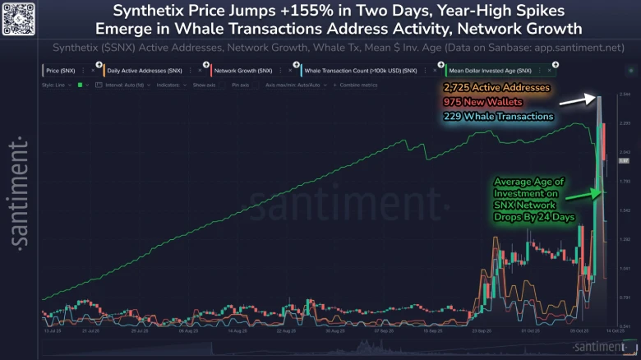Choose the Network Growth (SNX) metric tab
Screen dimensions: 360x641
[243, 72]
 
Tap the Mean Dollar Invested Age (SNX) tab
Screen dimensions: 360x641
[491, 72]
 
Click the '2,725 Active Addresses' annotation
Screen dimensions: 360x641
[484, 88]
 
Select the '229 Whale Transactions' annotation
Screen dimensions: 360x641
[487, 117]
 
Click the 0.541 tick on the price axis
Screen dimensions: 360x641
[624, 325]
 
